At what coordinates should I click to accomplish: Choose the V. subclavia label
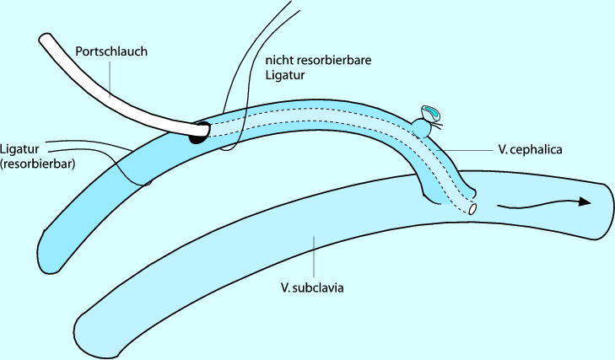(x=315, y=288)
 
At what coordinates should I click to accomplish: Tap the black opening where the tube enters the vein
(x=199, y=132)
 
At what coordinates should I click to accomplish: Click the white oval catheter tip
(x=473, y=207)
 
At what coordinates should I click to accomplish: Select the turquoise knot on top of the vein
(x=432, y=114)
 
